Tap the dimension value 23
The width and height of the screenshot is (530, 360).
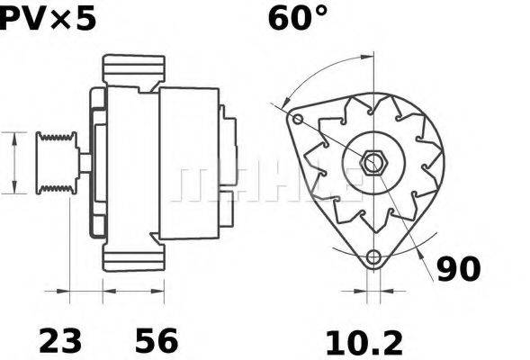click(x=60, y=340)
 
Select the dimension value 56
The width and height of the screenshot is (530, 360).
click(x=157, y=340)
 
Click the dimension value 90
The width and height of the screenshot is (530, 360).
click(x=459, y=268)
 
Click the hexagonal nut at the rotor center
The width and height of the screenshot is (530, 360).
click(x=374, y=163)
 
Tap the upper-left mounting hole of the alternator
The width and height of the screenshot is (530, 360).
click(x=298, y=118)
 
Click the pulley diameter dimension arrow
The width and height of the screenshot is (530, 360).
click(x=14, y=162)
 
